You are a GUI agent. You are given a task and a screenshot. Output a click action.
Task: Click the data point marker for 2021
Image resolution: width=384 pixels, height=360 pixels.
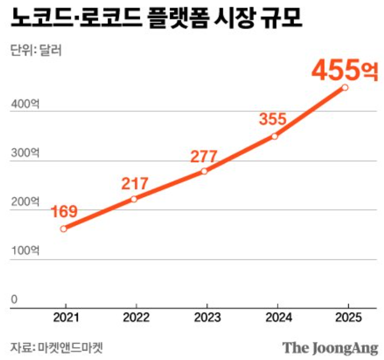click(x=63, y=229)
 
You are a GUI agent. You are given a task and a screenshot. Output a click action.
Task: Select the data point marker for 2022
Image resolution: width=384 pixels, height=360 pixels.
click(x=134, y=199)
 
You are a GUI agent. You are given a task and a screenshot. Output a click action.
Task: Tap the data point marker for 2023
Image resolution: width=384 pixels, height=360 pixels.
click(x=204, y=171)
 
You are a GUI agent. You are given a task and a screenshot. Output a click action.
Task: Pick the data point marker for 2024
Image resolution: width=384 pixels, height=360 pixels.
click(x=275, y=136)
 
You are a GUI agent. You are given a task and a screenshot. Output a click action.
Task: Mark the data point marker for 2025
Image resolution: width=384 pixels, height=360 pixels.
click(x=345, y=87)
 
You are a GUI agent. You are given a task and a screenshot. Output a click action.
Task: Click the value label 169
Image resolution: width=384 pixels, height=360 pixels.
click(x=64, y=212)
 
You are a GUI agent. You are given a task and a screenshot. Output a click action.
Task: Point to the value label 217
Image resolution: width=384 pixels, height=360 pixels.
click(x=134, y=183)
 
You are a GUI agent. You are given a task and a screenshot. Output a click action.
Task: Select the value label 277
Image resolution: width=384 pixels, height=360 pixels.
click(x=204, y=156)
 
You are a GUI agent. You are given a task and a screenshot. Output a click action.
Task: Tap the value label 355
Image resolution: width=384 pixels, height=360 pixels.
click(x=273, y=119)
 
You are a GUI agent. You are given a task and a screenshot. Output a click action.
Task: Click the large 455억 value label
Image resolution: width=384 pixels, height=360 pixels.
click(x=344, y=70)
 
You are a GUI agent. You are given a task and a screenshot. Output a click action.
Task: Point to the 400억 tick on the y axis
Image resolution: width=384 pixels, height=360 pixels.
click(x=24, y=104)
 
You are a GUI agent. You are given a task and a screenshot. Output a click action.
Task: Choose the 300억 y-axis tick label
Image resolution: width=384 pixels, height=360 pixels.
click(x=24, y=153)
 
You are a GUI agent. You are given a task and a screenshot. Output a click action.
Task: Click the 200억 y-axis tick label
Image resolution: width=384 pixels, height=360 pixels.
click(x=24, y=202)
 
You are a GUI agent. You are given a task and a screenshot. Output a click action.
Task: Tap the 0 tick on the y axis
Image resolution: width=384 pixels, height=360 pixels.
click(x=14, y=299)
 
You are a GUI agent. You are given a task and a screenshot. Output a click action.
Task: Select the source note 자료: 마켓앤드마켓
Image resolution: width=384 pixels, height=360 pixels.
click(x=56, y=347)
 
